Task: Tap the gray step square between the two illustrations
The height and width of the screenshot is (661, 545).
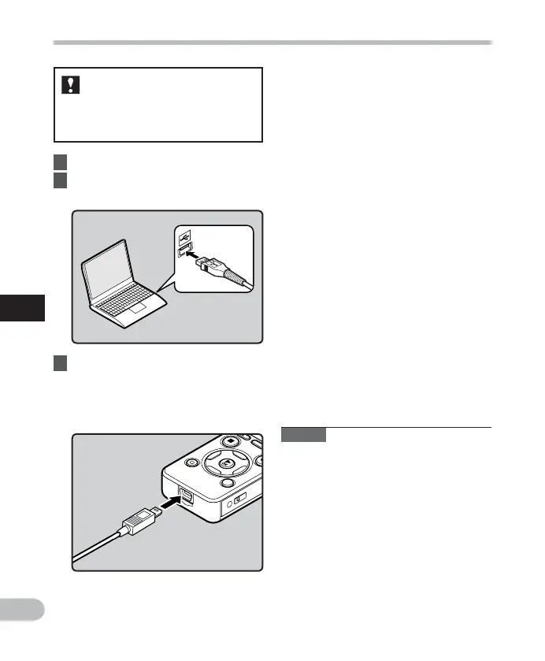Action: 60,364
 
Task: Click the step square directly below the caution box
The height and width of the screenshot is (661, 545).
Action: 60,162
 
